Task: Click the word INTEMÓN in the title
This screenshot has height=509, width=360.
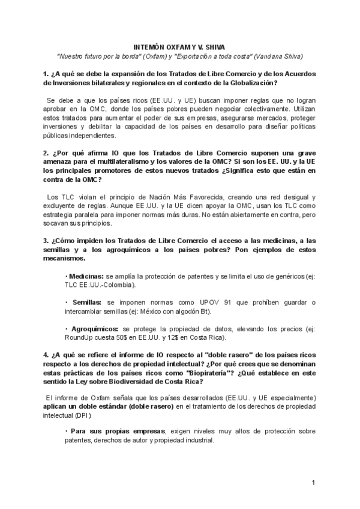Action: coord(148,46)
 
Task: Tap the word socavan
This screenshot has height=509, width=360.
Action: coord(55,224)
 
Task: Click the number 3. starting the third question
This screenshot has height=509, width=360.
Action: coord(45,241)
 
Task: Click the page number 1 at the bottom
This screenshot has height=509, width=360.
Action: coord(313,482)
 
